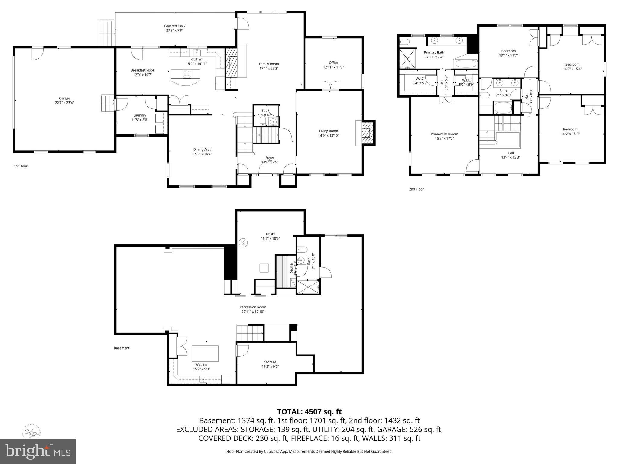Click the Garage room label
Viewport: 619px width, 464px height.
(64, 98)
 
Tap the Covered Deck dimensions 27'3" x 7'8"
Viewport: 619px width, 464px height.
(174, 30)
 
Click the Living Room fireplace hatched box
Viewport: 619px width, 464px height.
(367, 133)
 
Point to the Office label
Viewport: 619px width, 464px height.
(333, 63)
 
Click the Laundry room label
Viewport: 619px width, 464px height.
(140, 115)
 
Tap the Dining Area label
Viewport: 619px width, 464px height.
(202, 149)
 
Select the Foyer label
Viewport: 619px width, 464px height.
(270, 158)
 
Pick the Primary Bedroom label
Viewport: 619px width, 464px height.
(444, 134)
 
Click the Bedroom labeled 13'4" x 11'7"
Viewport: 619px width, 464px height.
(508, 51)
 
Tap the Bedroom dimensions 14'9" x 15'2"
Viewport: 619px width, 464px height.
(570, 134)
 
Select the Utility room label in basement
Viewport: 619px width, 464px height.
(270, 234)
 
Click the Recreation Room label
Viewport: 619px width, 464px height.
(253, 307)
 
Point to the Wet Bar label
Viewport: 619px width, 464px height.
(201, 364)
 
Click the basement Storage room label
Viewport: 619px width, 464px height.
(270, 362)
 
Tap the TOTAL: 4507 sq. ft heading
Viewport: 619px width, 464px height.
(309, 411)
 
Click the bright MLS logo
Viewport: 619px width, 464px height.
(38, 452)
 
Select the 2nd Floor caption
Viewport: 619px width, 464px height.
(416, 189)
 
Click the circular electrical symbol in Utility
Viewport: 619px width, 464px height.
(243, 242)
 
